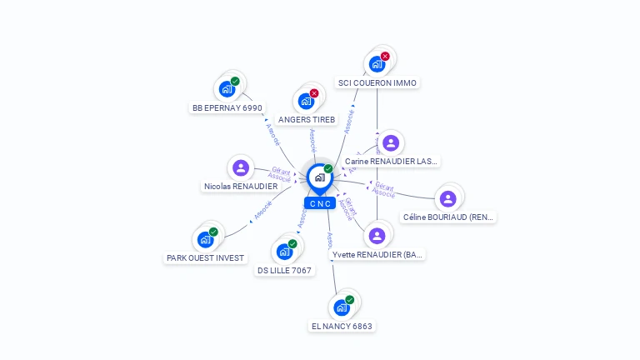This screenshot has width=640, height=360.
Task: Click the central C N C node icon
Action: click(319, 177)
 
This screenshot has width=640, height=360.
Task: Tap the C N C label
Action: click(320, 203)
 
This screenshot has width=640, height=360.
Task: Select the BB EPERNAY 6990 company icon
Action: click(226, 89)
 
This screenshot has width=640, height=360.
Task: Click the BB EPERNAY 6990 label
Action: click(227, 107)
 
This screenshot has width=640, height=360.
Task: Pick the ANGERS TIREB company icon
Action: click(306, 102)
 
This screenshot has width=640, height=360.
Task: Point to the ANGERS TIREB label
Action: click(307, 120)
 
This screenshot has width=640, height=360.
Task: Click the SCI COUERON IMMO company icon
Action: click(377, 64)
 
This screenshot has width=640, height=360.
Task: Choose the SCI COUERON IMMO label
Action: click(377, 82)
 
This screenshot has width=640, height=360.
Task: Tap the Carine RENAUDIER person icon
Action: click(390, 142)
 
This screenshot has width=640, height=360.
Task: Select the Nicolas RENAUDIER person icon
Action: click(241, 168)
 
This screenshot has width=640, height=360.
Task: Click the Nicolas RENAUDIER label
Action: click(241, 187)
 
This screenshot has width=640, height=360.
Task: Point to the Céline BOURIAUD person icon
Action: click(448, 198)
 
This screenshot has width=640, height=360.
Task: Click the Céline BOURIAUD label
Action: click(448, 217)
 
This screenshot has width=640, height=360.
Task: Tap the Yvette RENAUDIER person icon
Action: click(377, 236)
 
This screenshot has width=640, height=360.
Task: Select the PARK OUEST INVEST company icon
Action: click(205, 240)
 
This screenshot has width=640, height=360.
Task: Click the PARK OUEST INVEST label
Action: click(206, 258)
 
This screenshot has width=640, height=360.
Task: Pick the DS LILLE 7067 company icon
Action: click(284, 252)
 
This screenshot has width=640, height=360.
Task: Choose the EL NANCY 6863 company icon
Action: click(341, 307)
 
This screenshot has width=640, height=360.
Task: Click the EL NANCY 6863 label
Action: click(342, 326)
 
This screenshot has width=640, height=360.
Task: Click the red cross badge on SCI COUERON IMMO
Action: click(385, 57)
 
